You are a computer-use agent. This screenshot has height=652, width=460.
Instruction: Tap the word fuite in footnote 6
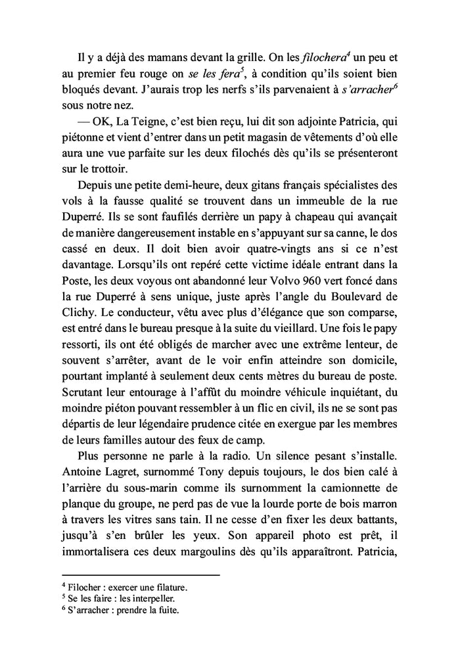pos(166,610)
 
